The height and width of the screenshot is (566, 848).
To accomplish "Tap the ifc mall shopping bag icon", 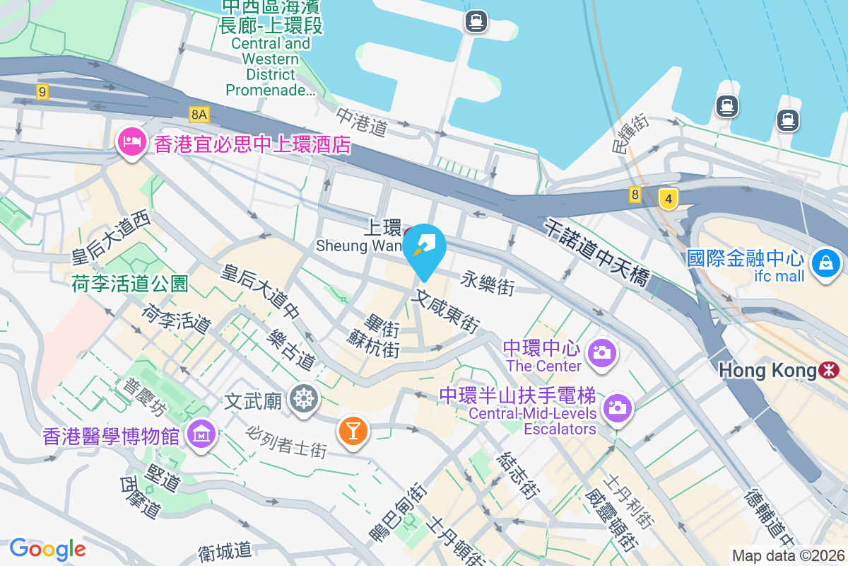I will (825, 265).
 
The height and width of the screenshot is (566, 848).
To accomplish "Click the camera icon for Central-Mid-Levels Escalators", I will (617, 408).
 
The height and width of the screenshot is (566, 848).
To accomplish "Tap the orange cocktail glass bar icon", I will (352, 429).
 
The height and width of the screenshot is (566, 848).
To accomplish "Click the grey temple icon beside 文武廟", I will (304, 400).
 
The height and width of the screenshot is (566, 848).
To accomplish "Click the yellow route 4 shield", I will (667, 199).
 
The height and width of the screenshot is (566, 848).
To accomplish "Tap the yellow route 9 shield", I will (43, 91).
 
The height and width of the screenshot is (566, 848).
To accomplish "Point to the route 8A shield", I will (199, 114).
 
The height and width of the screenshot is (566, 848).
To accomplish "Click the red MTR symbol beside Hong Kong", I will (830, 369).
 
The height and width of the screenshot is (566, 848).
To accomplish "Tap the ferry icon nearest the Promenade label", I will (476, 21).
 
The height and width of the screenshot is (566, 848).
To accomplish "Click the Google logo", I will (47, 548).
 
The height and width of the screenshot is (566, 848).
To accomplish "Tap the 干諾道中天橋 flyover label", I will (596, 253).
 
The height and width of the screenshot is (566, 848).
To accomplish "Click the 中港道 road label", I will (362, 122).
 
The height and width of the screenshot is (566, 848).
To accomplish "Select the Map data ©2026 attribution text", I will (788, 555).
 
